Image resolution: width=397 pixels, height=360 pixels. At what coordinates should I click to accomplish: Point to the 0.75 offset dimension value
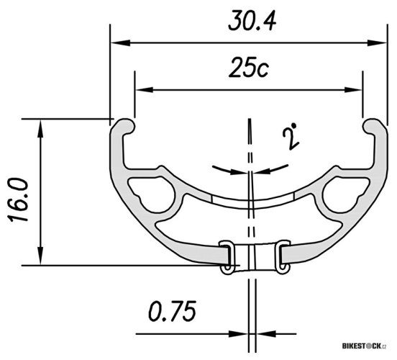pyautogui.click(x=173, y=312)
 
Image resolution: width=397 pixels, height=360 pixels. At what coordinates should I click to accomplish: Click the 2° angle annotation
pyautogui.click(x=291, y=136)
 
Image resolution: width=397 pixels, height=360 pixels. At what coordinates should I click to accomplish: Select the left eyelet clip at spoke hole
pyautogui.click(x=226, y=257)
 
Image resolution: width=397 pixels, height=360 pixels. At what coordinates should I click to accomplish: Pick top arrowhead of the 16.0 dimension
pyautogui.click(x=41, y=125)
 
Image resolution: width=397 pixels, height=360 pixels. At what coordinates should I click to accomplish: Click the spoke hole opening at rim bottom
pyautogui.click(x=252, y=256)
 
